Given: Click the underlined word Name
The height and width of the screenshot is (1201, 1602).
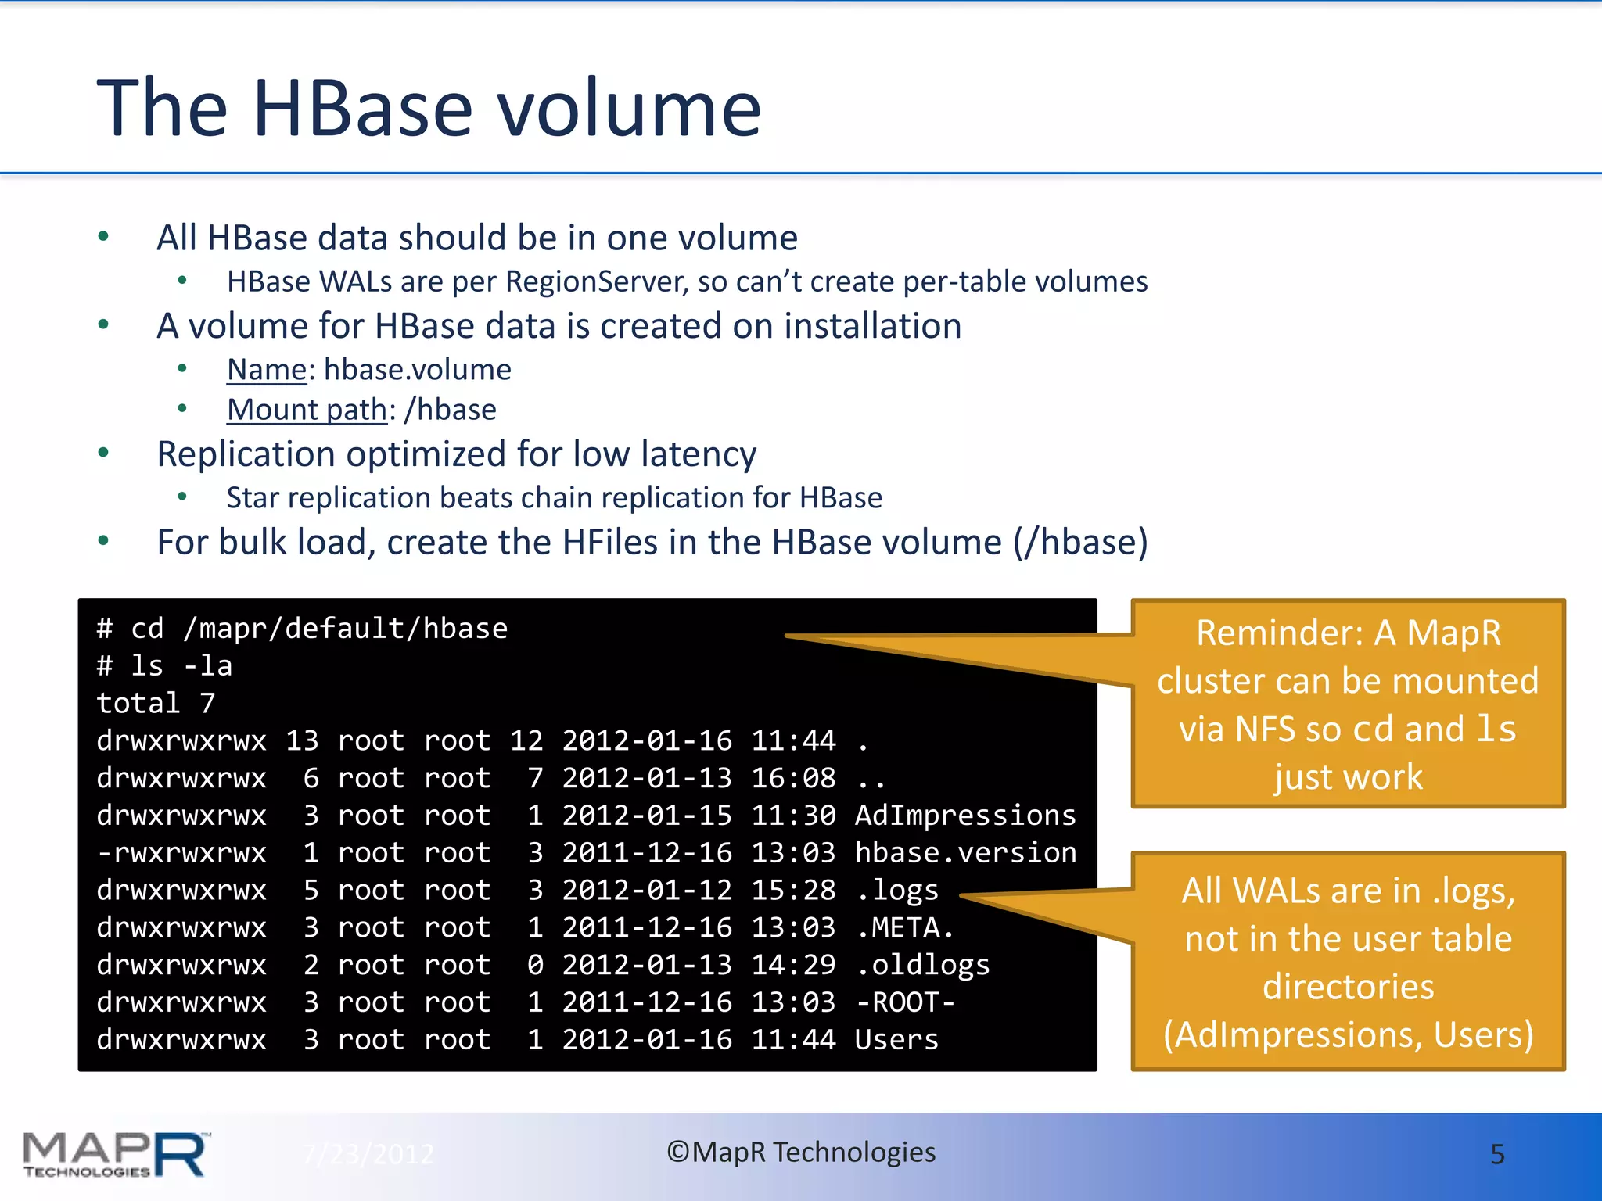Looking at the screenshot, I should point(267,369).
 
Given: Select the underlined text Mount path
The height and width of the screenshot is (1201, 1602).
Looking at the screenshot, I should point(307,410).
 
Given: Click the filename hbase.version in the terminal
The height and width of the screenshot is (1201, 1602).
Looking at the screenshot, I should point(965,852).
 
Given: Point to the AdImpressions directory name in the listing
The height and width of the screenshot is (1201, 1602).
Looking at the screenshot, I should point(965,816).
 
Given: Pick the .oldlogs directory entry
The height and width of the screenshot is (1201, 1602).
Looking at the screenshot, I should point(922,965).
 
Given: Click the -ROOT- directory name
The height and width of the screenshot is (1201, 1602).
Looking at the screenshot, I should point(905,1002).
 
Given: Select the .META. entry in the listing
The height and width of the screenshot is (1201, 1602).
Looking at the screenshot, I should point(905,927).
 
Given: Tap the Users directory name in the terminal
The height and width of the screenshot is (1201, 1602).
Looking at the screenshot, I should point(896,1040).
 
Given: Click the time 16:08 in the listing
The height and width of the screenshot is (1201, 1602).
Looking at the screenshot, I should point(793,778).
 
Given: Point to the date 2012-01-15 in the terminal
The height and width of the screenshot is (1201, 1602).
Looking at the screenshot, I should point(647,816).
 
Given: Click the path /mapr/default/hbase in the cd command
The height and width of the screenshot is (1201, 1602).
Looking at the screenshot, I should point(345,629).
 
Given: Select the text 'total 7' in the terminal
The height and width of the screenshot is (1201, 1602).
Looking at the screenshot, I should point(156,703).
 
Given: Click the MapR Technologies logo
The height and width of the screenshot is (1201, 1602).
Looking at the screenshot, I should point(116,1154).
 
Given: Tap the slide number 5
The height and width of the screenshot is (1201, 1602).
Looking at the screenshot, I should point(1497,1154).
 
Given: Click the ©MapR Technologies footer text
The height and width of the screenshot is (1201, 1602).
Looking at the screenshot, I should point(801,1153).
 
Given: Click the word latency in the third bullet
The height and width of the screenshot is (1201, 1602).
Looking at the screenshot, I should point(699,454).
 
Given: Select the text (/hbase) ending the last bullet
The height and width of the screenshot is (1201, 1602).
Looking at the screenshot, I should point(1080,543).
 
